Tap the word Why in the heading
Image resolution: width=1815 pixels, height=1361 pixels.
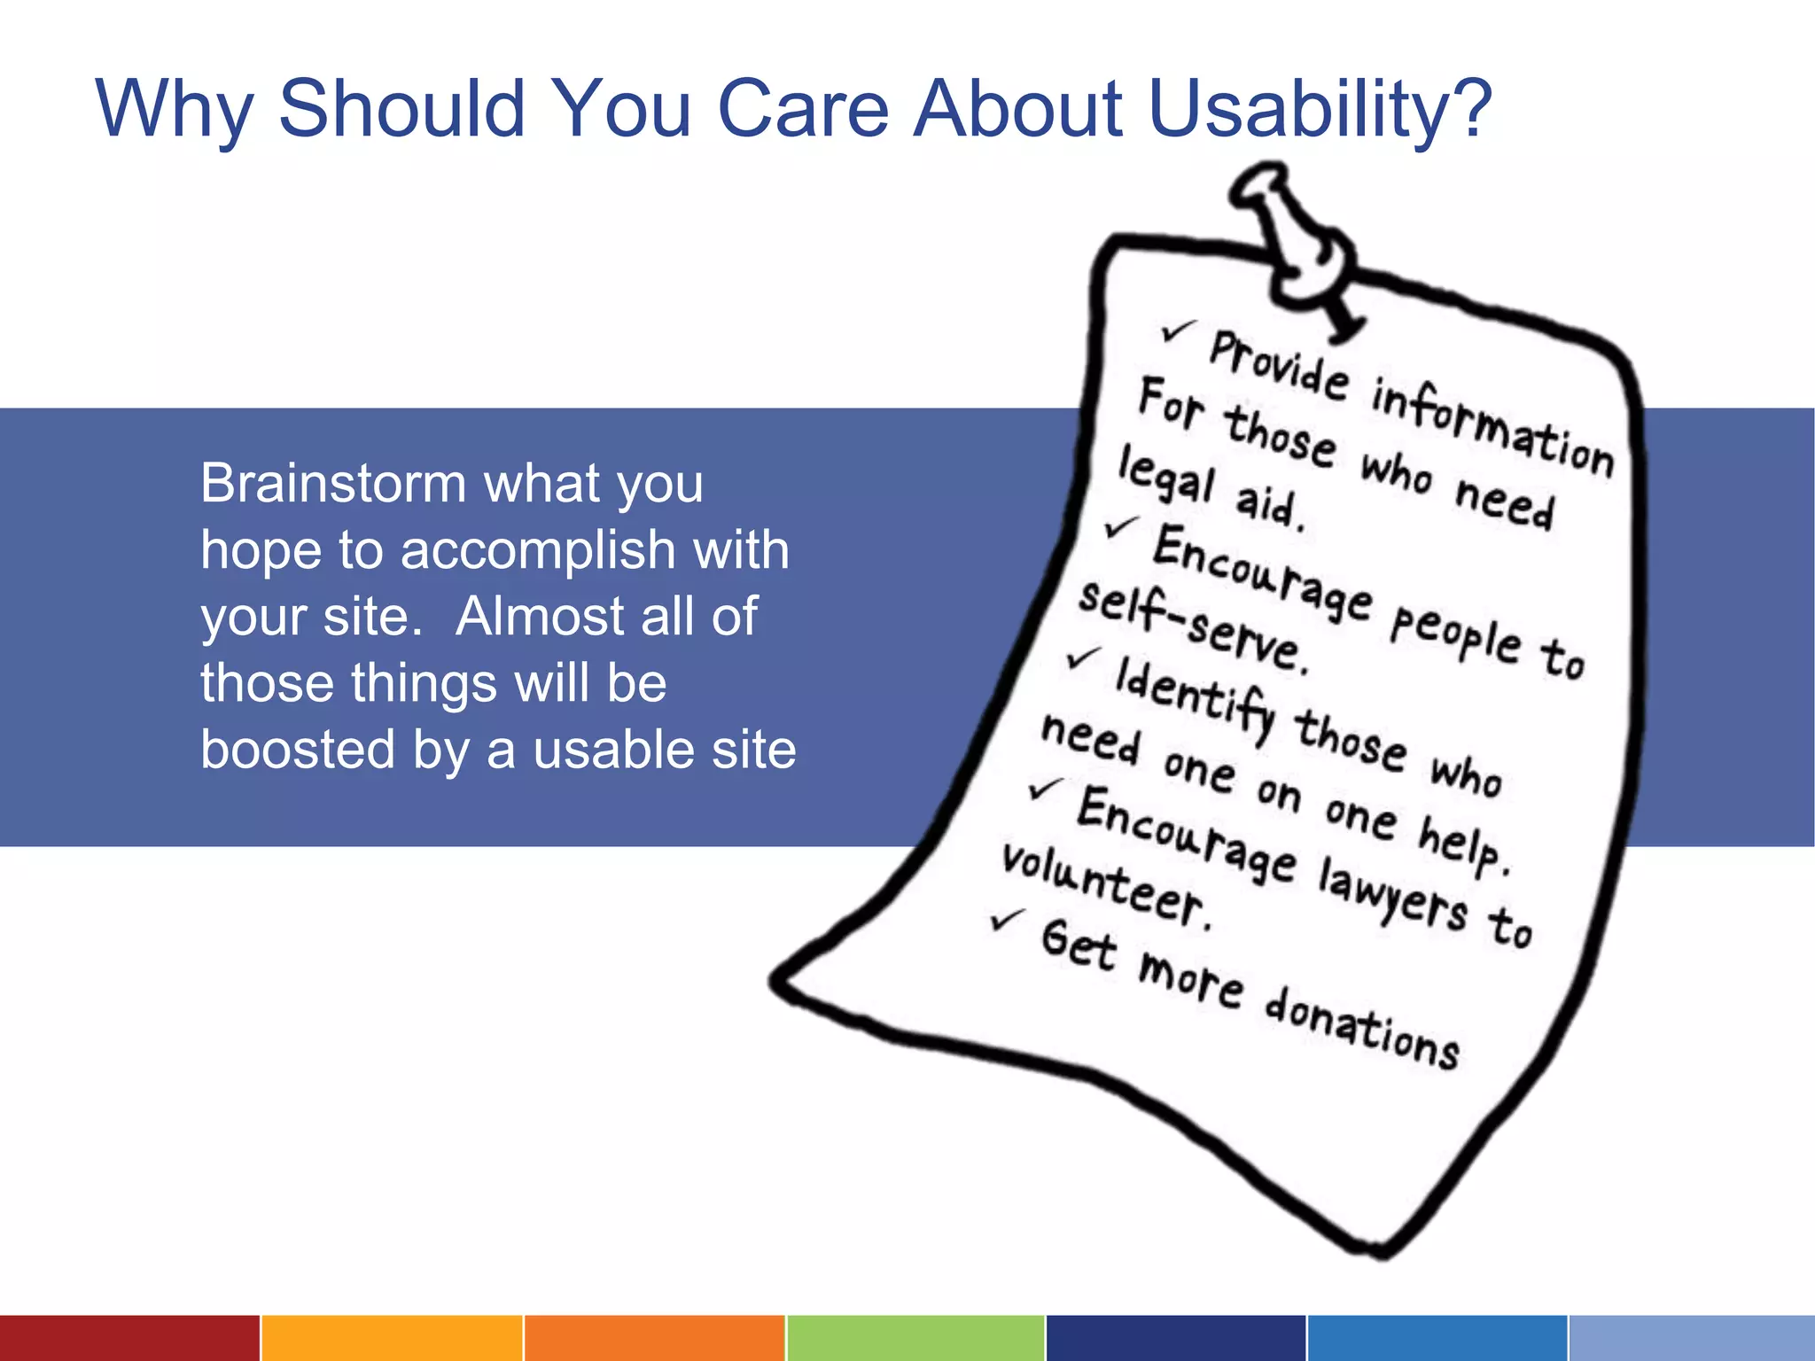(174, 111)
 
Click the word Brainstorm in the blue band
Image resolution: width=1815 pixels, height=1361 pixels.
(332, 484)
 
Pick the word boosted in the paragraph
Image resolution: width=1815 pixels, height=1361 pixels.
(297, 750)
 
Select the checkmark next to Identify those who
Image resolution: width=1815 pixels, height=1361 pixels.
(1083, 657)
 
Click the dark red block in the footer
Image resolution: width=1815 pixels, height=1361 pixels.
(129, 1338)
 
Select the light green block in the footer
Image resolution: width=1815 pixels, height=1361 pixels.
(915, 1338)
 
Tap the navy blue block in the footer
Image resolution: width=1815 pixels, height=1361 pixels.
(1175, 1338)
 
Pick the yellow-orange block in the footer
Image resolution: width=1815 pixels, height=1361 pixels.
(391, 1338)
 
